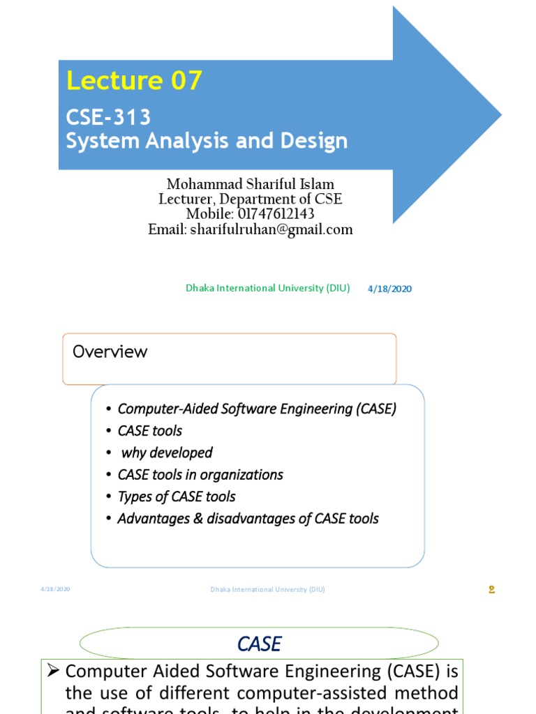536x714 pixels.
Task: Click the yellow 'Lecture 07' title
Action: coord(134,81)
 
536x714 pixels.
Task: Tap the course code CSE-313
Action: coord(108,117)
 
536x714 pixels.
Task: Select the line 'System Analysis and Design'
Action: coord(207,141)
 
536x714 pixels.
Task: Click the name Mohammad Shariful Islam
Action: coord(250,185)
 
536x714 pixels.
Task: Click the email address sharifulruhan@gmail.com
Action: coord(250,229)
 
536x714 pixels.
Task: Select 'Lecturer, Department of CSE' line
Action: coord(250,199)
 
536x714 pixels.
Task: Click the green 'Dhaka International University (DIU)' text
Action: coord(267,288)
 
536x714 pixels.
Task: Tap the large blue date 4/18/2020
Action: coord(389,289)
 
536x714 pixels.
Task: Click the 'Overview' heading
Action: coord(110,351)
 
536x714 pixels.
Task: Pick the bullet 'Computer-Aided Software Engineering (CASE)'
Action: coord(256,409)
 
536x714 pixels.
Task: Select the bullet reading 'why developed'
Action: coord(166,453)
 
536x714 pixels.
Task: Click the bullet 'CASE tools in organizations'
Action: coord(200,475)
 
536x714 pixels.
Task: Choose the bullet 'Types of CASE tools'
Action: coord(177,496)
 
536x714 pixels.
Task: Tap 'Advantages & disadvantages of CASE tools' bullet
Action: coord(248,519)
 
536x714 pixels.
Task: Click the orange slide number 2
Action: coord(491,590)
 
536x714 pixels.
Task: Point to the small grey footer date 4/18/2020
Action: coord(55,589)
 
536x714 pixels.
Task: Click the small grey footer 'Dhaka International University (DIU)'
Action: coord(267,589)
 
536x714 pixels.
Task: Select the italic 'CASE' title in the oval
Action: coord(259,644)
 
